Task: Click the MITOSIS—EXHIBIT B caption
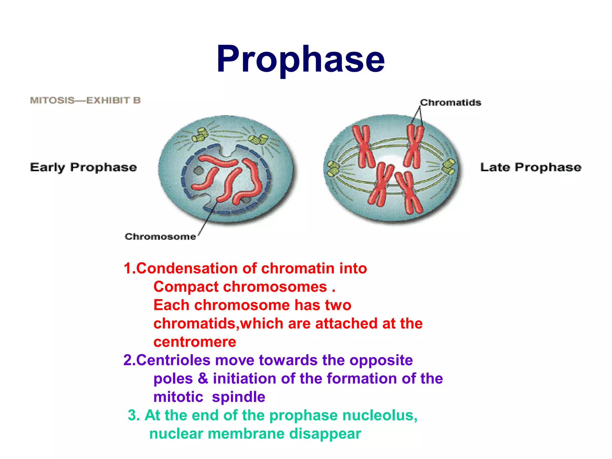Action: (x=85, y=100)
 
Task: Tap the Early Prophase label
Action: (x=83, y=167)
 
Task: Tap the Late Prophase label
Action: (x=531, y=167)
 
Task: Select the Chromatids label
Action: (x=451, y=102)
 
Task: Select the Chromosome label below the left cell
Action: (x=160, y=237)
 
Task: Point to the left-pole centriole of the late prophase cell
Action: (x=332, y=168)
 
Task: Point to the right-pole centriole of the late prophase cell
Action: (x=449, y=167)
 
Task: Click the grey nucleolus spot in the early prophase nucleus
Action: (x=198, y=171)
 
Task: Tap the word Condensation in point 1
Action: (x=187, y=268)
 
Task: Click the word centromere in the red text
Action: (x=195, y=342)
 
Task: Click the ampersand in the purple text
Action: (x=203, y=378)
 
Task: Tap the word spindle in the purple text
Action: (x=238, y=397)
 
